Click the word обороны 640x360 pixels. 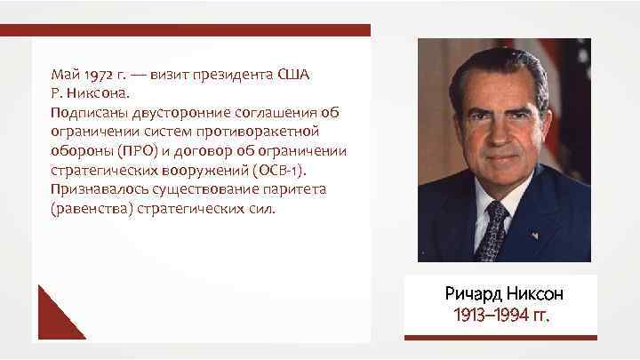(81, 151)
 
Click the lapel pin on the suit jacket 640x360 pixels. (536, 236)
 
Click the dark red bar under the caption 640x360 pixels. (497, 336)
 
